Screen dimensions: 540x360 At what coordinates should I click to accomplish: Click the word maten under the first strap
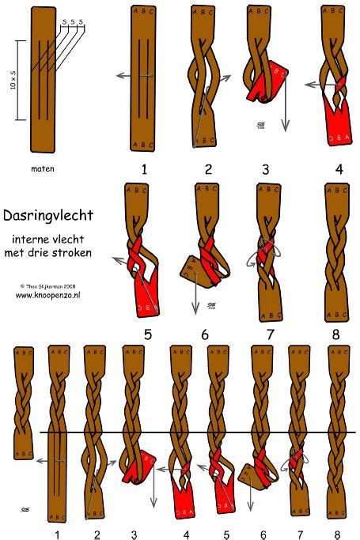pyautogui.click(x=42, y=168)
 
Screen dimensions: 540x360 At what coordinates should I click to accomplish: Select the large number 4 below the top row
pyautogui.click(x=339, y=169)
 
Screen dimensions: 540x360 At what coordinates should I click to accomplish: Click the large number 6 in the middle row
pyautogui.click(x=205, y=334)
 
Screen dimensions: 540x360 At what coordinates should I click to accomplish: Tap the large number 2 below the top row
pyautogui.click(x=207, y=169)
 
